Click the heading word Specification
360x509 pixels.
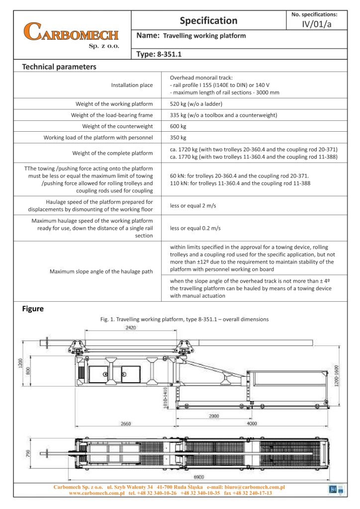208,20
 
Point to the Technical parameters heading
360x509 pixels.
59,67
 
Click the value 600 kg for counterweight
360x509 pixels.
178,126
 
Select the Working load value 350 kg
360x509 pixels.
178,137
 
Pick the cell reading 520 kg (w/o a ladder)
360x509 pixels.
196,104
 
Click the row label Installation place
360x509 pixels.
132,85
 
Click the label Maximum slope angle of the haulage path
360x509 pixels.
101,271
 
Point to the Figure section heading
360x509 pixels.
33,309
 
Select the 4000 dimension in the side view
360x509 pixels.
252,424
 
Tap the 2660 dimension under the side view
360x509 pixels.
127,424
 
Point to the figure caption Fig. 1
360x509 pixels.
184,319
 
